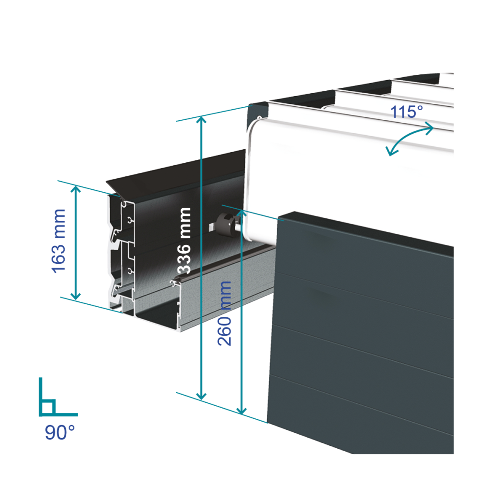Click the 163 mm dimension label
coord(59,240)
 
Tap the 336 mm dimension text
coord(184,240)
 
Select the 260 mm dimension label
coord(225,313)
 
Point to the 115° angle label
coord(406,112)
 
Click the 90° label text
coord(59,432)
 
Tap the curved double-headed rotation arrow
coord(410,139)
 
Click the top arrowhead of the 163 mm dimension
coord(76,189)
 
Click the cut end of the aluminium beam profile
coord(121,251)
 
